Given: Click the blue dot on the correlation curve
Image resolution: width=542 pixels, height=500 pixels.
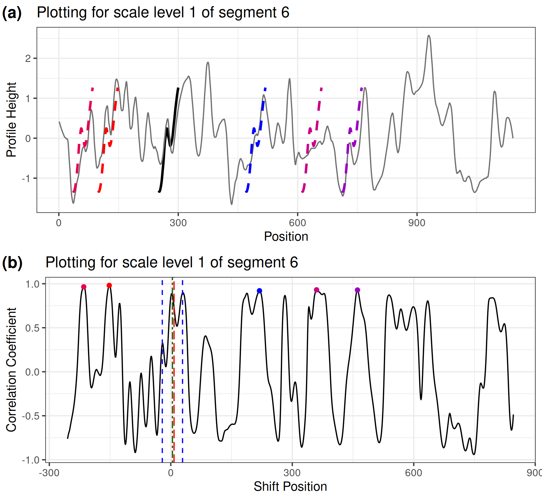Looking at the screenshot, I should pyautogui.click(x=259, y=291).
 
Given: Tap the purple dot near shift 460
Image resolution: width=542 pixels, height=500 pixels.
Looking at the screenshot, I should pyautogui.click(x=357, y=290).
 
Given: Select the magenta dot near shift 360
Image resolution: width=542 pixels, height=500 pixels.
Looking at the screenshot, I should pyautogui.click(x=316, y=290).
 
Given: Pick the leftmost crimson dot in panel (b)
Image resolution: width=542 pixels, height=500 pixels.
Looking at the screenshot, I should pyautogui.click(x=84, y=287).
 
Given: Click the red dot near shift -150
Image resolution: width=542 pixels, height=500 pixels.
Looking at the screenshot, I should pyautogui.click(x=109, y=286).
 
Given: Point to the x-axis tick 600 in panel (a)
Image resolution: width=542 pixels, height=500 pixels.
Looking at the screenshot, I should pyautogui.click(x=297, y=223).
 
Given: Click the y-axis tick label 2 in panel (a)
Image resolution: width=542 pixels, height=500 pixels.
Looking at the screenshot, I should pyautogui.click(x=28, y=59).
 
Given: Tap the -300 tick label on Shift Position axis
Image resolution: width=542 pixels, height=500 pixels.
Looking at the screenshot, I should pyautogui.click(x=49, y=473).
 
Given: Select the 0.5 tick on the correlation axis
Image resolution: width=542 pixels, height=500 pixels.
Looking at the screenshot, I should pyautogui.click(x=32, y=328).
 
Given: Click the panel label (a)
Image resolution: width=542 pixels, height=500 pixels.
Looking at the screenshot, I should pyautogui.click(x=12, y=13).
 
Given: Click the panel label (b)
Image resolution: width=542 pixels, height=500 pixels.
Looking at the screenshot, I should pyautogui.click(x=12, y=263).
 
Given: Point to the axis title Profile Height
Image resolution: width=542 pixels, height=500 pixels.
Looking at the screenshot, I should pyautogui.click(x=11, y=120).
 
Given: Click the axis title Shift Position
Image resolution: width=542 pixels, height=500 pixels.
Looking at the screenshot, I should pyautogui.click(x=290, y=487).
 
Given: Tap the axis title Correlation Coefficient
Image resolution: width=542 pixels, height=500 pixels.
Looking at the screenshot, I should pyautogui.click(x=11, y=370).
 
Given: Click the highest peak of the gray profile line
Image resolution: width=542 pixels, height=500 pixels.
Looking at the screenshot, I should pyautogui.click(x=429, y=36).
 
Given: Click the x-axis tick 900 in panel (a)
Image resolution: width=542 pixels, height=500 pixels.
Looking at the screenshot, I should pyautogui.click(x=417, y=223).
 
